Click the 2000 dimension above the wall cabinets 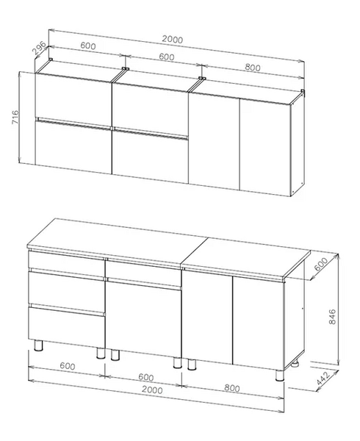click(x=172, y=40)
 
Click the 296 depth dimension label click(x=39, y=48)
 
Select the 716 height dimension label click(x=15, y=117)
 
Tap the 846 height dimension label click(x=332, y=316)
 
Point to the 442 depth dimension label click(x=323, y=379)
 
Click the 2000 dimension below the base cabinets click(x=152, y=390)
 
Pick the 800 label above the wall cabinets click(x=252, y=68)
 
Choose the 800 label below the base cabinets click(x=232, y=388)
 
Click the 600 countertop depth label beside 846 click(x=320, y=265)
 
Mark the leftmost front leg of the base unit click(x=38, y=345)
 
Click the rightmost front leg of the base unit click(x=280, y=375)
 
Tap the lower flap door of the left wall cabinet click(x=73, y=148)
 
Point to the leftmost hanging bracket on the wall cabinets click(x=51, y=59)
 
